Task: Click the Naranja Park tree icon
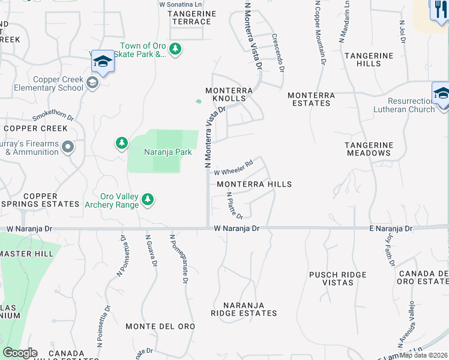(x=122, y=143)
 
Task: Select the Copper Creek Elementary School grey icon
(x=92, y=83)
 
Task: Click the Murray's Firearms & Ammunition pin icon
(x=68, y=146)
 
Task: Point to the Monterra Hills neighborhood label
(x=254, y=184)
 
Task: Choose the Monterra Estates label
(x=309, y=99)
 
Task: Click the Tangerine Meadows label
(x=369, y=149)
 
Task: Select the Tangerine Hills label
(x=369, y=60)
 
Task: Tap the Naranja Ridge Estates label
(x=244, y=309)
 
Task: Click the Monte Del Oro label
(x=160, y=326)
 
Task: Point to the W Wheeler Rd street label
(x=234, y=167)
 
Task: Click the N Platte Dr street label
(x=235, y=206)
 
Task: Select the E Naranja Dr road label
(x=390, y=229)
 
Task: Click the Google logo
(x=20, y=353)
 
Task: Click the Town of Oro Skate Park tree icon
(x=175, y=48)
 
